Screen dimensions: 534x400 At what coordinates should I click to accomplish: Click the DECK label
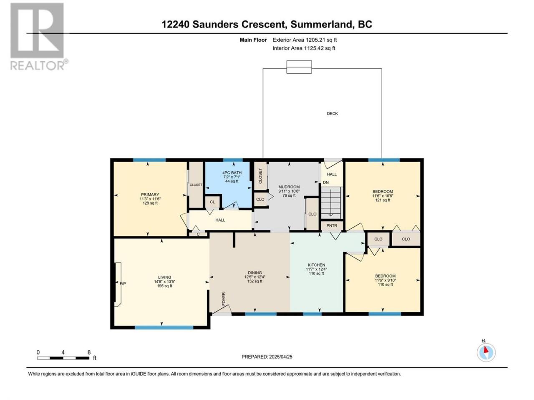pyautogui.click(x=332, y=113)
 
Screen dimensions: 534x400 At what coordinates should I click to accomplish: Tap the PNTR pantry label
pyautogui.click(x=332, y=225)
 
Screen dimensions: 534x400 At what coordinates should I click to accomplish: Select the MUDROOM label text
pyautogui.click(x=289, y=187)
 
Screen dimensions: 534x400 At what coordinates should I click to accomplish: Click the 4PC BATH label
pyautogui.click(x=232, y=172)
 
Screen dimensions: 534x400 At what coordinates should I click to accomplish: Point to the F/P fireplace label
pyautogui.click(x=123, y=283)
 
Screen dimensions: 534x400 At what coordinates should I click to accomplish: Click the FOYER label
pyautogui.click(x=224, y=299)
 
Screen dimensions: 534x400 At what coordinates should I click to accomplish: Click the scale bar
pyautogui.click(x=63, y=358)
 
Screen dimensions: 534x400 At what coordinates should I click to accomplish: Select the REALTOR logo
pyautogui.click(x=39, y=36)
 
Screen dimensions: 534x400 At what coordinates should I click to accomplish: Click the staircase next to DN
pyautogui.click(x=332, y=203)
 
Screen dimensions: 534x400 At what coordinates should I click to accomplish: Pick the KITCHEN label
pyautogui.click(x=316, y=265)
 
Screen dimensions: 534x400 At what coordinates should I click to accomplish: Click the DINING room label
pyautogui.click(x=255, y=273)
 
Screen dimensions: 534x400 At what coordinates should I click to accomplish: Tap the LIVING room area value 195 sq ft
pyautogui.click(x=164, y=286)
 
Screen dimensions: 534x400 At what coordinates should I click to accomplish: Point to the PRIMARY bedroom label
pyautogui.click(x=150, y=195)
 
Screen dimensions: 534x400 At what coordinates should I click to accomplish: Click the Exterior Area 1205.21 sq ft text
pyautogui.click(x=305, y=40)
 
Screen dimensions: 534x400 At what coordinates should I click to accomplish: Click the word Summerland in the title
pyautogui.click(x=321, y=24)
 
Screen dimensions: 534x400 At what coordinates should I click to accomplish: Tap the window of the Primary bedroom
pyautogui.click(x=149, y=160)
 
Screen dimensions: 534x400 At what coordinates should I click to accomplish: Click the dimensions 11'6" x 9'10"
pyautogui.click(x=385, y=280)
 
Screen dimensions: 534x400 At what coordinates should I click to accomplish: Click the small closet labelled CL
pyautogui.click(x=212, y=202)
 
